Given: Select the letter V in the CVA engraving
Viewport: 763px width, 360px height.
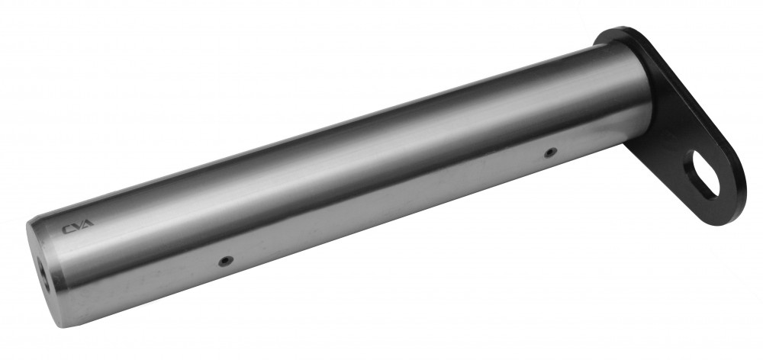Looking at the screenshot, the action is click(x=76, y=227).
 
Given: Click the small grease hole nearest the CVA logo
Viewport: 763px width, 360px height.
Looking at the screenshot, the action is click(x=225, y=262).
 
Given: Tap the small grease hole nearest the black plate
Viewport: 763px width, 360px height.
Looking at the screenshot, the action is click(x=550, y=153).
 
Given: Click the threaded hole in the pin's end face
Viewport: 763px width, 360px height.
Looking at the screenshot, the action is click(x=43, y=273).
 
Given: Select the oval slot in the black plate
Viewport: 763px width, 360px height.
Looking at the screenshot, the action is click(x=703, y=174).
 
